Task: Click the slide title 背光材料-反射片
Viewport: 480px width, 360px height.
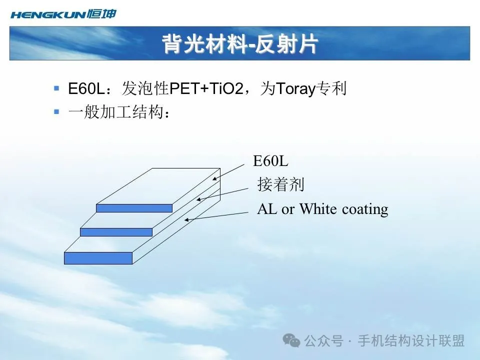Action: click(x=240, y=44)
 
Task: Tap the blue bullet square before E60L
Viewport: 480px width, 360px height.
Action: click(x=56, y=88)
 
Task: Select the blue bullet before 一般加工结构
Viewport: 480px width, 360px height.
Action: click(x=56, y=111)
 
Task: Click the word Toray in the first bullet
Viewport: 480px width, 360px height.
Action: click(x=296, y=89)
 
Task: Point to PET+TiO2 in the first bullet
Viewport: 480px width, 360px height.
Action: click(x=206, y=89)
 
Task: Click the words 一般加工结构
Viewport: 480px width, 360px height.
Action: click(x=115, y=111)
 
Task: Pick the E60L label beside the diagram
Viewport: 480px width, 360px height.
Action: click(x=270, y=160)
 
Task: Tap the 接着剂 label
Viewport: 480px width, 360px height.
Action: click(x=280, y=184)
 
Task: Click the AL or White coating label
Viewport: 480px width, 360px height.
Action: click(x=322, y=209)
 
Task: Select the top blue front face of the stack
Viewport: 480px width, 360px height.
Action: click(x=134, y=208)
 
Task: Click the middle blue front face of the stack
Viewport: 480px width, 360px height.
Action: click(x=116, y=232)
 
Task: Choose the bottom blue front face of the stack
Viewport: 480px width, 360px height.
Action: click(x=98, y=258)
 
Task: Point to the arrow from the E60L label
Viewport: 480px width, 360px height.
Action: click(x=228, y=172)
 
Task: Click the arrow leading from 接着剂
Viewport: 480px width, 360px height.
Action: click(x=222, y=194)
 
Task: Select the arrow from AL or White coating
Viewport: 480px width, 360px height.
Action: click(x=216, y=216)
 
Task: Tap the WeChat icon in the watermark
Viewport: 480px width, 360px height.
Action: click(x=291, y=340)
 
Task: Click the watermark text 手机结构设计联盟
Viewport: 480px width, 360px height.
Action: click(x=411, y=340)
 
